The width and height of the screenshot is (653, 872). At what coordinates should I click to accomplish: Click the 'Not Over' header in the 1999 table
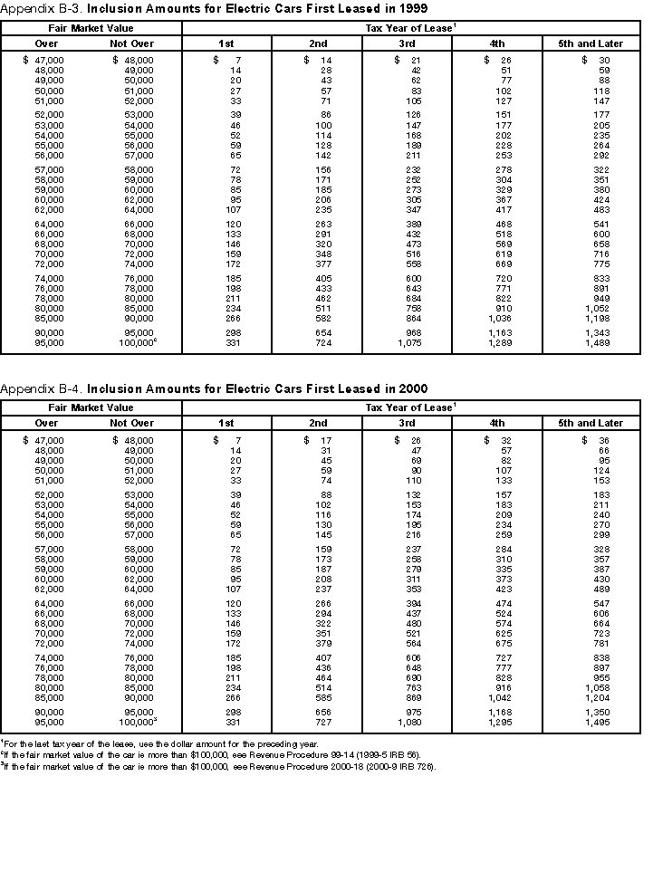(x=132, y=43)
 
